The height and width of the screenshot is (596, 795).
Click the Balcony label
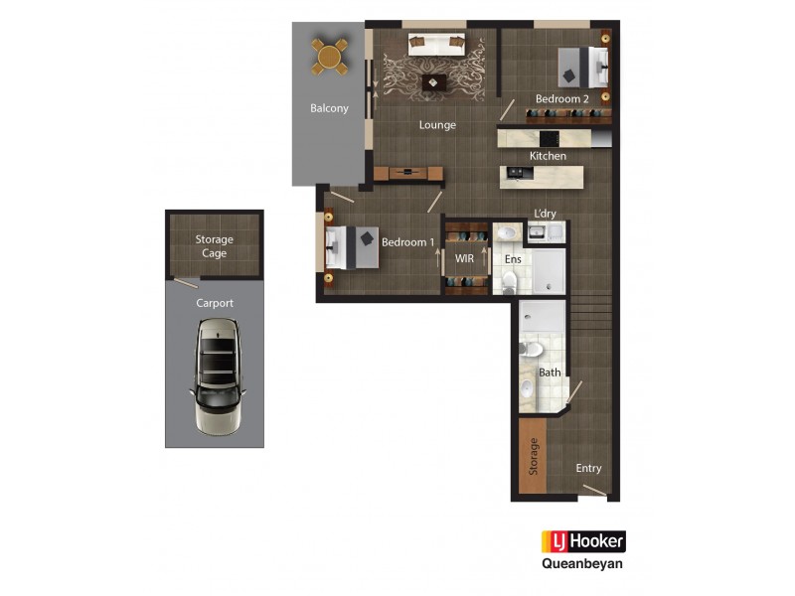[329, 108]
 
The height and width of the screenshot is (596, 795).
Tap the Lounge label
[437, 125]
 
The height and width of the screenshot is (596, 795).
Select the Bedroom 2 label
[562, 99]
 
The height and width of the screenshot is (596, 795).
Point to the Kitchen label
[548, 156]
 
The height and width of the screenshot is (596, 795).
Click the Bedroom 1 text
[408, 242]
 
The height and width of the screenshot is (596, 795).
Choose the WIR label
[464, 258]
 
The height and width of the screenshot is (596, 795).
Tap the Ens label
[513, 259]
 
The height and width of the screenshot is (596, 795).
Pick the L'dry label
[545, 214]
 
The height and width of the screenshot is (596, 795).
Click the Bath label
[550, 372]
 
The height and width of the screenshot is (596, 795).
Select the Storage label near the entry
[534, 457]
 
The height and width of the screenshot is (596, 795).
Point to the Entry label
[588, 468]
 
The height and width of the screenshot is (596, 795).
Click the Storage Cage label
[214, 246]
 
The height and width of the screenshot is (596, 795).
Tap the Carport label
[215, 303]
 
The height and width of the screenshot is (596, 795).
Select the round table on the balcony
[330, 56]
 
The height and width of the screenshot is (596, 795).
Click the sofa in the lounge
[437, 43]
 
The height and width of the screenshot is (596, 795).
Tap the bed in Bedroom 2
[582, 67]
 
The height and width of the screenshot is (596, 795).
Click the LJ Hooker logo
[583, 541]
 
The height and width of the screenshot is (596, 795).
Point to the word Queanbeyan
[583, 564]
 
